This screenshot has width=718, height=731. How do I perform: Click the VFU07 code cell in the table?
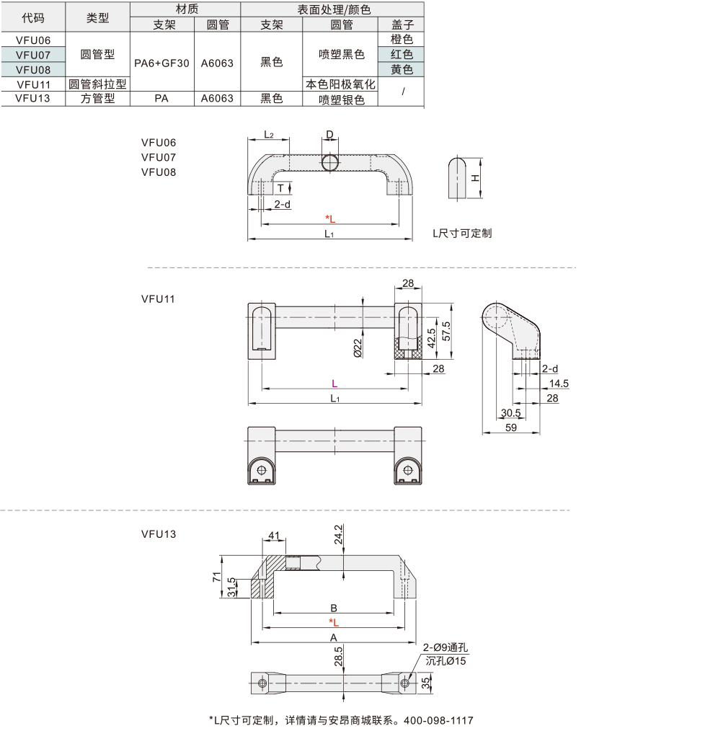33,55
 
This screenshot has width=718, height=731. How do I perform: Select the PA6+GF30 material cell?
161,63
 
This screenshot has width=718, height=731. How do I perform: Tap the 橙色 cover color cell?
402,40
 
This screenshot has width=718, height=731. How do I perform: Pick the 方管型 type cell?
97,98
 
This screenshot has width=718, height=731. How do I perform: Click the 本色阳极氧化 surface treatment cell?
340,84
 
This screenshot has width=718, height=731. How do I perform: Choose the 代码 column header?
33,18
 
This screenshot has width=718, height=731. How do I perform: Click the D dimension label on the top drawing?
329,134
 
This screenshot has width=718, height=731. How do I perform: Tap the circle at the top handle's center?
330,163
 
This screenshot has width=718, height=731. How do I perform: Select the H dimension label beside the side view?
474,178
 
